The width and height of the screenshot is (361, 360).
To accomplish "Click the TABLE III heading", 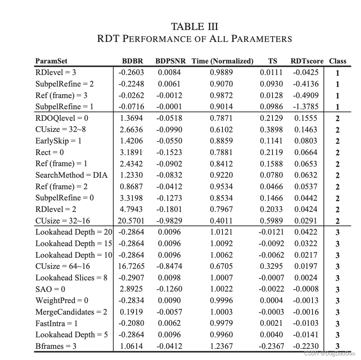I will (x=194, y=27).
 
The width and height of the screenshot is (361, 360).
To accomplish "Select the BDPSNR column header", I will (x=170, y=61).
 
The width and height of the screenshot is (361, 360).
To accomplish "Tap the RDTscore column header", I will (x=308, y=61).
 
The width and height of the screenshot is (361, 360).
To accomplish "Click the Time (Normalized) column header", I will (x=222, y=61).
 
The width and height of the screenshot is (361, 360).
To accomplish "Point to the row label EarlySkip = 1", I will (x=58, y=141).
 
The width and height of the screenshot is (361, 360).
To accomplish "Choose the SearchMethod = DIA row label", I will (x=72, y=175).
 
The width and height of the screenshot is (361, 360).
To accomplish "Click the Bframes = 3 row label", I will (x=56, y=346).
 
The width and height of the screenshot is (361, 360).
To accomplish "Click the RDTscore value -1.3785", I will (x=306, y=107).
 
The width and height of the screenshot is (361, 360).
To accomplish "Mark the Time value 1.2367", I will (x=221, y=346).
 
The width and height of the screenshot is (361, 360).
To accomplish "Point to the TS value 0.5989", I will (x=271, y=221).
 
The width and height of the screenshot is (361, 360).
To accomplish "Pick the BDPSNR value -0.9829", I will (x=169, y=221).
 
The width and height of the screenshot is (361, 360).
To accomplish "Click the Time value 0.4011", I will (x=221, y=221).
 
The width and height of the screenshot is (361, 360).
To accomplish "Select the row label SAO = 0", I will (x=50, y=289).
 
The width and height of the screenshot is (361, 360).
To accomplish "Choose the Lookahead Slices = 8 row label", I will (x=72, y=278).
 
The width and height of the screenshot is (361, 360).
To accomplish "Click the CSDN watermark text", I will (x=329, y=353).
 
